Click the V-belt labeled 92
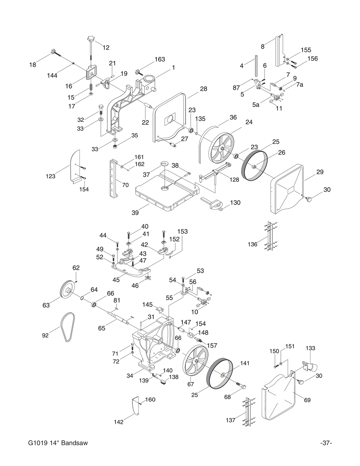point(68,327)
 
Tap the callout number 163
point(159,59)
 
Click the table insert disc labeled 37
point(165,163)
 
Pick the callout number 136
point(252,245)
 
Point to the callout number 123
point(50,176)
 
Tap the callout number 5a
point(256,105)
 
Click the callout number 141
point(244,363)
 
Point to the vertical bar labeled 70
point(114,179)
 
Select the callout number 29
point(320,172)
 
